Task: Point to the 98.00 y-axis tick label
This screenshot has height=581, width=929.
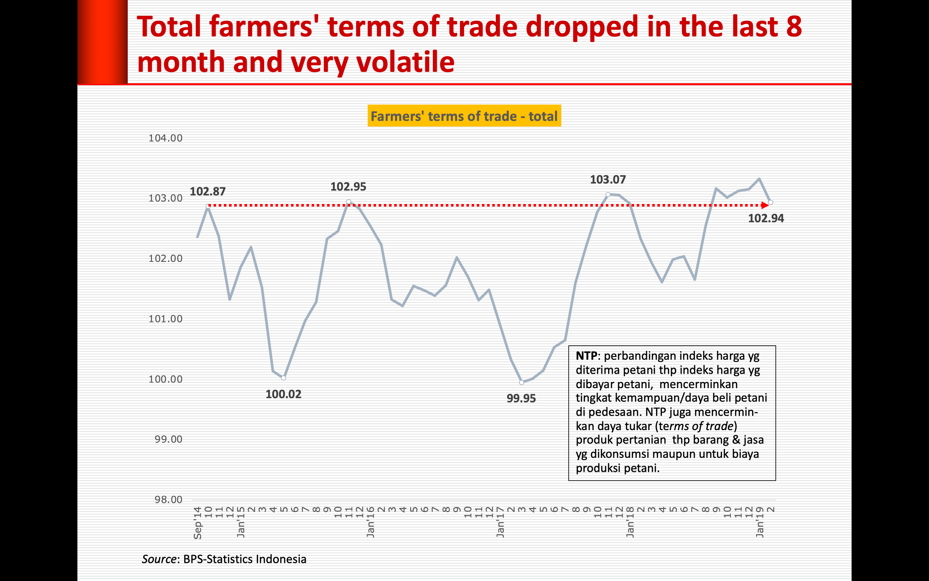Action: click(168, 500)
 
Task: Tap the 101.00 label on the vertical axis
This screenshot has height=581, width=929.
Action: click(165, 319)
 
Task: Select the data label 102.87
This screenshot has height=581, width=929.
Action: click(208, 191)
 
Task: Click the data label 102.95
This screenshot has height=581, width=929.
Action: click(348, 187)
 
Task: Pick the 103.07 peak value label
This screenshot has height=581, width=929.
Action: click(608, 179)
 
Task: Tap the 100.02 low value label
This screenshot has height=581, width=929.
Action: click(283, 394)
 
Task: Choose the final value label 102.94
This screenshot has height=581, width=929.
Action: click(766, 218)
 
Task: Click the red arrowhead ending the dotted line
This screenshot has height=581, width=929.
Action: click(765, 205)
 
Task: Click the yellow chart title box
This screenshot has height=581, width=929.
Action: click(464, 116)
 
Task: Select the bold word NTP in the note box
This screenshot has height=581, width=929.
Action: click(586, 356)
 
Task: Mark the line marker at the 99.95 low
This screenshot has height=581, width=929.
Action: click(521, 382)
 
